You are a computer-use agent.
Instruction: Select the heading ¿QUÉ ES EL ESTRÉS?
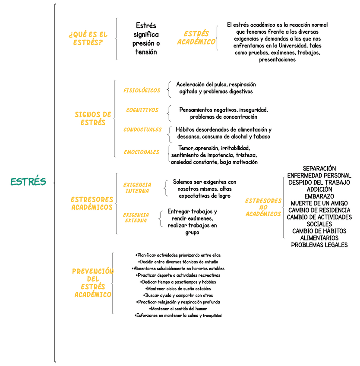88,38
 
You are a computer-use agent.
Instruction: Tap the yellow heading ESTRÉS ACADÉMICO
196,38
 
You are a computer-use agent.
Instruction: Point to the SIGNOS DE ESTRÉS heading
93,118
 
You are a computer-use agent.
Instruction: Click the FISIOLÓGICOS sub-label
142,91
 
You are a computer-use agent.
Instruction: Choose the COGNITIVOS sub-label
142,110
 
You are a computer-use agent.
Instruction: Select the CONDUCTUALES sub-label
142,129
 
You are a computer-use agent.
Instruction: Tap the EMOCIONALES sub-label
141,152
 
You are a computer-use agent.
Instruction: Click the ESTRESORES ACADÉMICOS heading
92,203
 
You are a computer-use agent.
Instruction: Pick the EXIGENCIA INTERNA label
137,188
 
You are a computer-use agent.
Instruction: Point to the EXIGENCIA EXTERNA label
136,218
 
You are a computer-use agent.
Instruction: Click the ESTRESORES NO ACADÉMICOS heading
263,207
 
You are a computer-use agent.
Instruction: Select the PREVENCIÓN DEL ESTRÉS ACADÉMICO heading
93,283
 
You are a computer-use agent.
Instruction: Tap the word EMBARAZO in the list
319,196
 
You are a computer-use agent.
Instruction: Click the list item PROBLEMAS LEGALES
319,245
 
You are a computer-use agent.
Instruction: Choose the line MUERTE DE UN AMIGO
319,203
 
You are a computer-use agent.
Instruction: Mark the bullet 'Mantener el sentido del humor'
178,309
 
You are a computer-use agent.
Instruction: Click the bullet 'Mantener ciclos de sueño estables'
178,288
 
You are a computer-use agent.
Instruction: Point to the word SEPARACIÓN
319,168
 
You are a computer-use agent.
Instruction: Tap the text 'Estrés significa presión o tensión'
145,38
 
